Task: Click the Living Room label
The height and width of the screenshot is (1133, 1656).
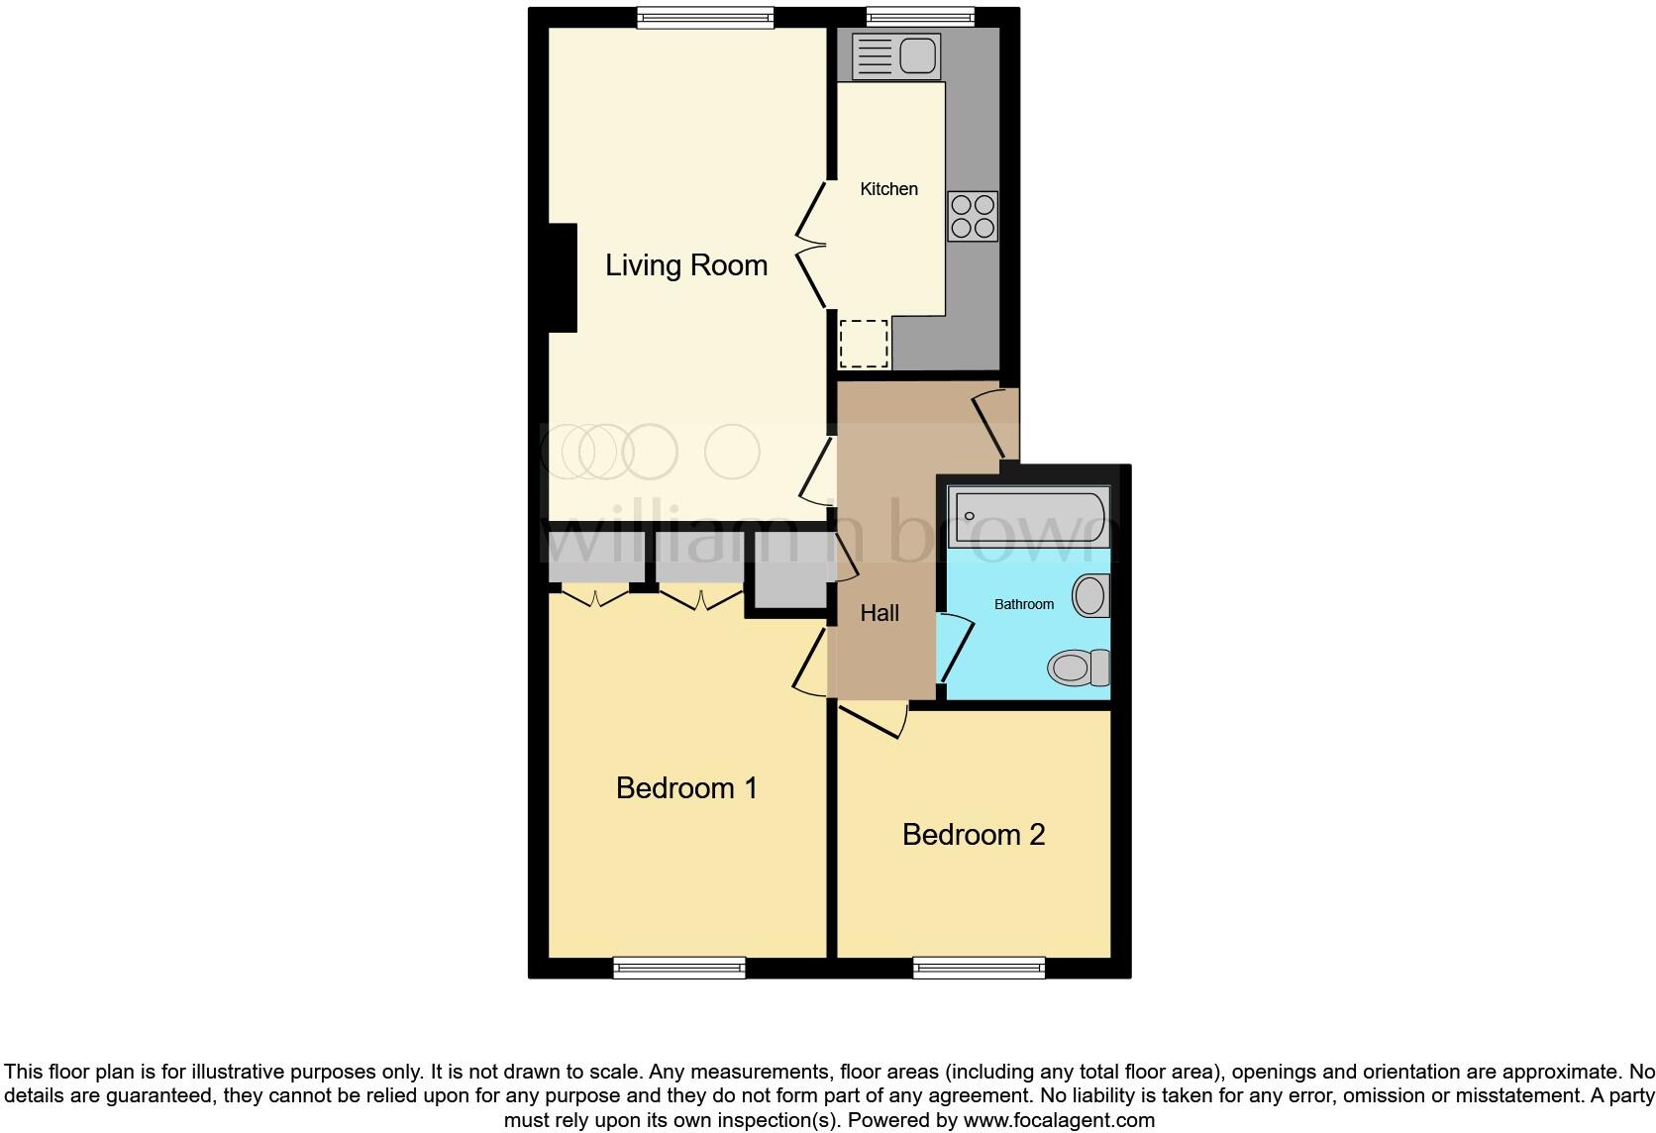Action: click(686, 265)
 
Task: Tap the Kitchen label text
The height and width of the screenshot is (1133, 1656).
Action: click(888, 189)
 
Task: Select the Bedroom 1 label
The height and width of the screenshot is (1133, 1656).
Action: click(686, 788)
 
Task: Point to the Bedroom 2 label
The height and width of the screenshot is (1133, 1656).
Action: click(974, 835)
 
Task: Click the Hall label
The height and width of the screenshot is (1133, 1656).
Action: click(880, 613)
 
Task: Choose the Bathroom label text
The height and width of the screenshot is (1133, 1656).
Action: click(1024, 604)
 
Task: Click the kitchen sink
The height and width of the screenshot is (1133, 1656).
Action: click(895, 55)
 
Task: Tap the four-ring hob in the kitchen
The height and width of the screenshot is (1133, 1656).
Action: click(973, 217)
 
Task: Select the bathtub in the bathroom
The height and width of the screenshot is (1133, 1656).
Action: click(1028, 516)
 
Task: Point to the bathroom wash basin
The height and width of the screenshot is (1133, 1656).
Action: click(1091, 596)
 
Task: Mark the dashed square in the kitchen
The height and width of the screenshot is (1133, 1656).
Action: click(864, 343)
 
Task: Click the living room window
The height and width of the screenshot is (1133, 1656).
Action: click(704, 17)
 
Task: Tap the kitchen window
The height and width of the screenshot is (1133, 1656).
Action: click(920, 17)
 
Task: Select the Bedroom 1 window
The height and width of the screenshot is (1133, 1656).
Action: click(679, 968)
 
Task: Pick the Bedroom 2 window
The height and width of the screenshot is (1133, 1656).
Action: click(979, 968)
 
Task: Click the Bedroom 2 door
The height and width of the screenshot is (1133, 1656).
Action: click(873, 720)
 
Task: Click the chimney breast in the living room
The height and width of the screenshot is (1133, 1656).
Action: click(562, 277)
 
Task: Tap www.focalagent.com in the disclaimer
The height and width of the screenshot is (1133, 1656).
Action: click(1059, 1120)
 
